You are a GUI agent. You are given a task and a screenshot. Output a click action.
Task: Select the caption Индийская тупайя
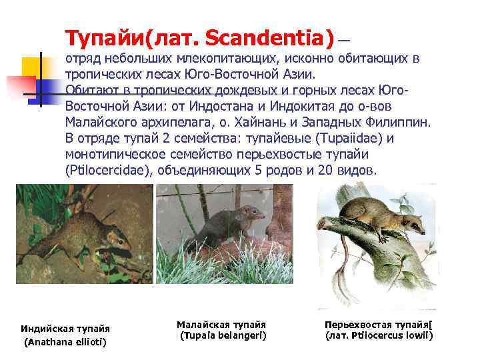65,329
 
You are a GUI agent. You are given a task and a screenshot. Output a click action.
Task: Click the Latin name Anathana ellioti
65,343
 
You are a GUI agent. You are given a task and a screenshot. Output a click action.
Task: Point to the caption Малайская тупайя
221,324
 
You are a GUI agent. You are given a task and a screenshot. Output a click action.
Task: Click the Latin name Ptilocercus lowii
378,336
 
